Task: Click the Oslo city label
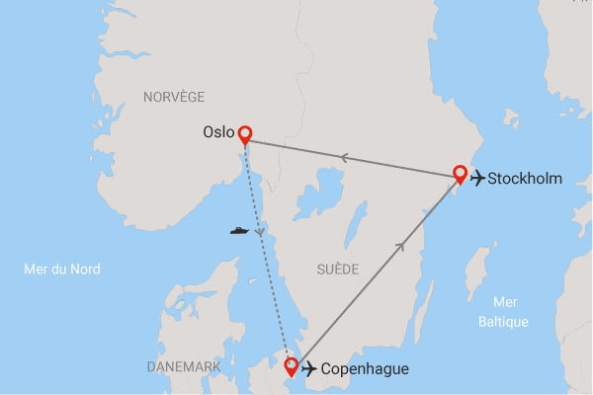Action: click(218, 131)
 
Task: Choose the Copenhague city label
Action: click(366, 369)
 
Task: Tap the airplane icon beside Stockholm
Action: click(478, 179)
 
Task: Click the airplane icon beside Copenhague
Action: click(310, 369)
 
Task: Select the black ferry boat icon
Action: click(239, 231)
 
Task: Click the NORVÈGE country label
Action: click(174, 96)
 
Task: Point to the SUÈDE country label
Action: click(339, 269)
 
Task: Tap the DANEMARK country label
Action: click(184, 366)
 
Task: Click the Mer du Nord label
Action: click(62, 269)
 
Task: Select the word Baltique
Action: click(503, 322)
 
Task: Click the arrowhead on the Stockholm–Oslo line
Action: click(344, 156)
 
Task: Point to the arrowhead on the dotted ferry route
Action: click(260, 233)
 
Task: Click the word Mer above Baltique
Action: click(503, 302)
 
